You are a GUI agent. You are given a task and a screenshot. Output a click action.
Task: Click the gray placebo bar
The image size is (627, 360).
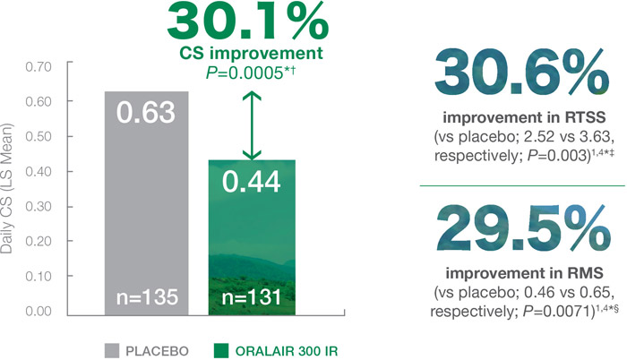(146, 203)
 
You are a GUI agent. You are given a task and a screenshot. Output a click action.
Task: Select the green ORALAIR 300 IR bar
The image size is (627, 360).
(252, 237)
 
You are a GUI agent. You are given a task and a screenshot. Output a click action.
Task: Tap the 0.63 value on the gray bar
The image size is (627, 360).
(146, 113)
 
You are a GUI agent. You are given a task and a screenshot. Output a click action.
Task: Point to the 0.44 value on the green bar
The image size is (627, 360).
(251, 182)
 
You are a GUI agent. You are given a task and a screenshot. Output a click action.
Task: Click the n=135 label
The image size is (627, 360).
(147, 297)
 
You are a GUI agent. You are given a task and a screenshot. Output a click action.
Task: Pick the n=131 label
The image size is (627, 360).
(252, 297)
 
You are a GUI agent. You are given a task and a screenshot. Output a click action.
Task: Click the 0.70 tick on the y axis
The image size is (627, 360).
(39, 66)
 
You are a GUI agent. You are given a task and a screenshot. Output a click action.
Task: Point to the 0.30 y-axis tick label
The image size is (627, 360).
(39, 206)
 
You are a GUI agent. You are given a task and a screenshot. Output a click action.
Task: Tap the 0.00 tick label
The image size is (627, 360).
(39, 312)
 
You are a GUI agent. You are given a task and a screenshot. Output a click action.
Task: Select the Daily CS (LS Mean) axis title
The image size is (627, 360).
(7, 188)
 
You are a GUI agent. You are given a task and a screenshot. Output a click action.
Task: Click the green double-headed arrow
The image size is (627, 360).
(252, 125)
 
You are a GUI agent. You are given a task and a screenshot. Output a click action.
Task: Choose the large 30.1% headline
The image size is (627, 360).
(248, 21)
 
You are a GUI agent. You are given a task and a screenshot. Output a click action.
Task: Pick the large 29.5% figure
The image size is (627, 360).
(523, 230)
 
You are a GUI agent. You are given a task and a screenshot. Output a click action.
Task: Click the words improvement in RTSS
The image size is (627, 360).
(524, 117)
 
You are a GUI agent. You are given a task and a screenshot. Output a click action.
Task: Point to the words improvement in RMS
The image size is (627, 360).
(524, 273)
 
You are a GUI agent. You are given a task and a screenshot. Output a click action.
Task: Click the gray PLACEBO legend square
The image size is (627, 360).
(112, 350)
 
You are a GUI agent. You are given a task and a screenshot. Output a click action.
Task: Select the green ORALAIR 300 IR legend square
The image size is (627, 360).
(221, 350)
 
